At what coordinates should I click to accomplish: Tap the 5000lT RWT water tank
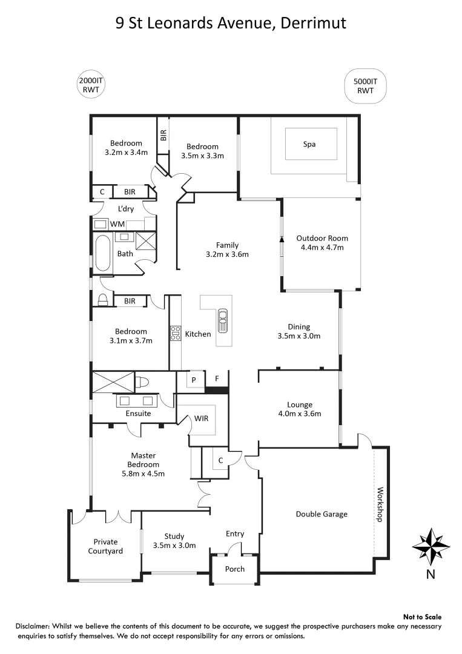(365, 85)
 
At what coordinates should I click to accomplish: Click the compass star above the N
(431, 544)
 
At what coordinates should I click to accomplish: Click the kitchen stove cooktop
(176, 333)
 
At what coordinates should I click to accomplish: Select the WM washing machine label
(117, 225)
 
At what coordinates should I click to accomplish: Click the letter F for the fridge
(218, 380)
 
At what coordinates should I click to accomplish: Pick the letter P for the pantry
(194, 380)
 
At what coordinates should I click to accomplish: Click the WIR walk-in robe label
(202, 418)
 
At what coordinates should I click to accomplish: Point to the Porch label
(235, 569)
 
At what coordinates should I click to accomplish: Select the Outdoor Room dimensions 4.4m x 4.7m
(322, 247)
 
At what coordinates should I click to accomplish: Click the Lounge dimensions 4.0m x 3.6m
(300, 414)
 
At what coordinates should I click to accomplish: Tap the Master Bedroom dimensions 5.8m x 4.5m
(144, 474)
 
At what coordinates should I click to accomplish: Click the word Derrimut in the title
(312, 23)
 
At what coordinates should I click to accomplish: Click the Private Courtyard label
(105, 546)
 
